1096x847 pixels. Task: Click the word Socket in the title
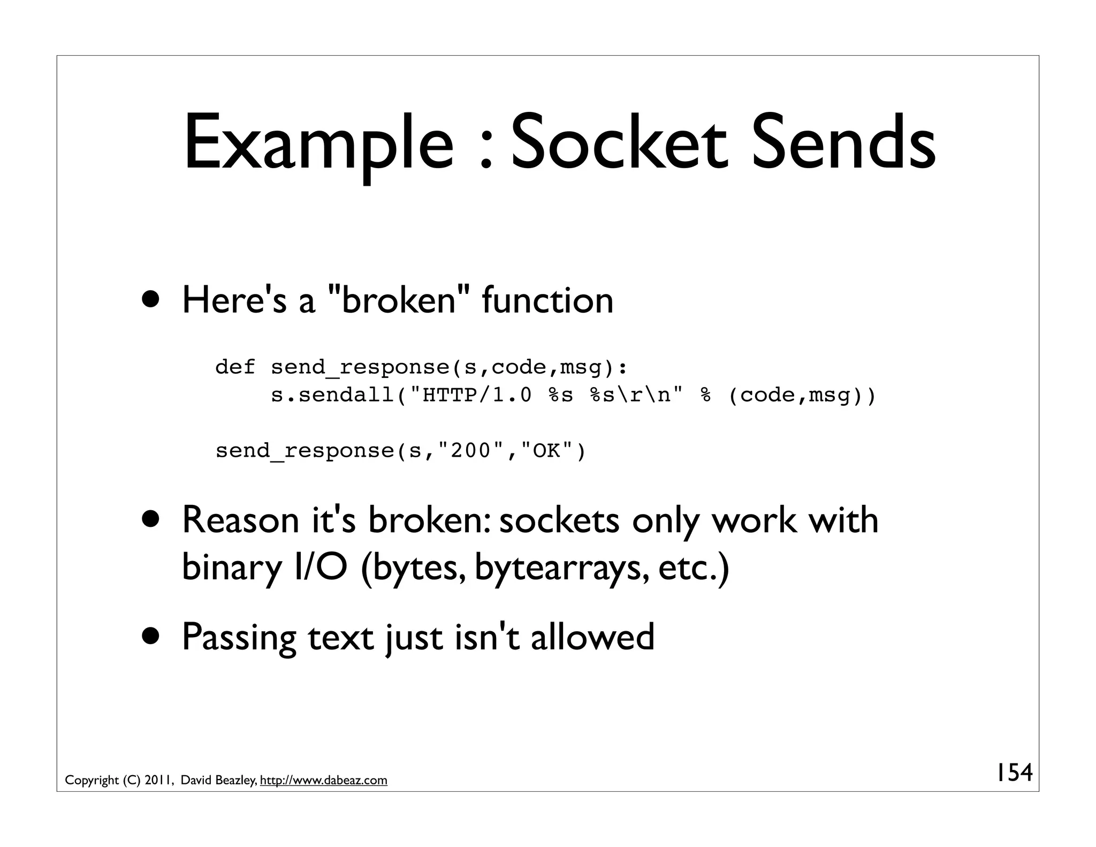(x=621, y=143)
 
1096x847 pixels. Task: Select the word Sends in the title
(x=844, y=143)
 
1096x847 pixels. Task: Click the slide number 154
(x=1013, y=773)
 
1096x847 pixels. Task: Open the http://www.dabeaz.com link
(x=323, y=780)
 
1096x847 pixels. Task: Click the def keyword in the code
(x=235, y=367)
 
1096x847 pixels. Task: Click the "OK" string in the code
(x=546, y=451)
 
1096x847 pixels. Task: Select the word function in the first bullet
(x=547, y=300)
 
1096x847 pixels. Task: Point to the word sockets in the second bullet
(x=559, y=520)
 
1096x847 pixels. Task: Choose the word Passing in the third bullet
(x=239, y=637)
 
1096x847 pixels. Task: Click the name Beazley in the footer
(x=235, y=780)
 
